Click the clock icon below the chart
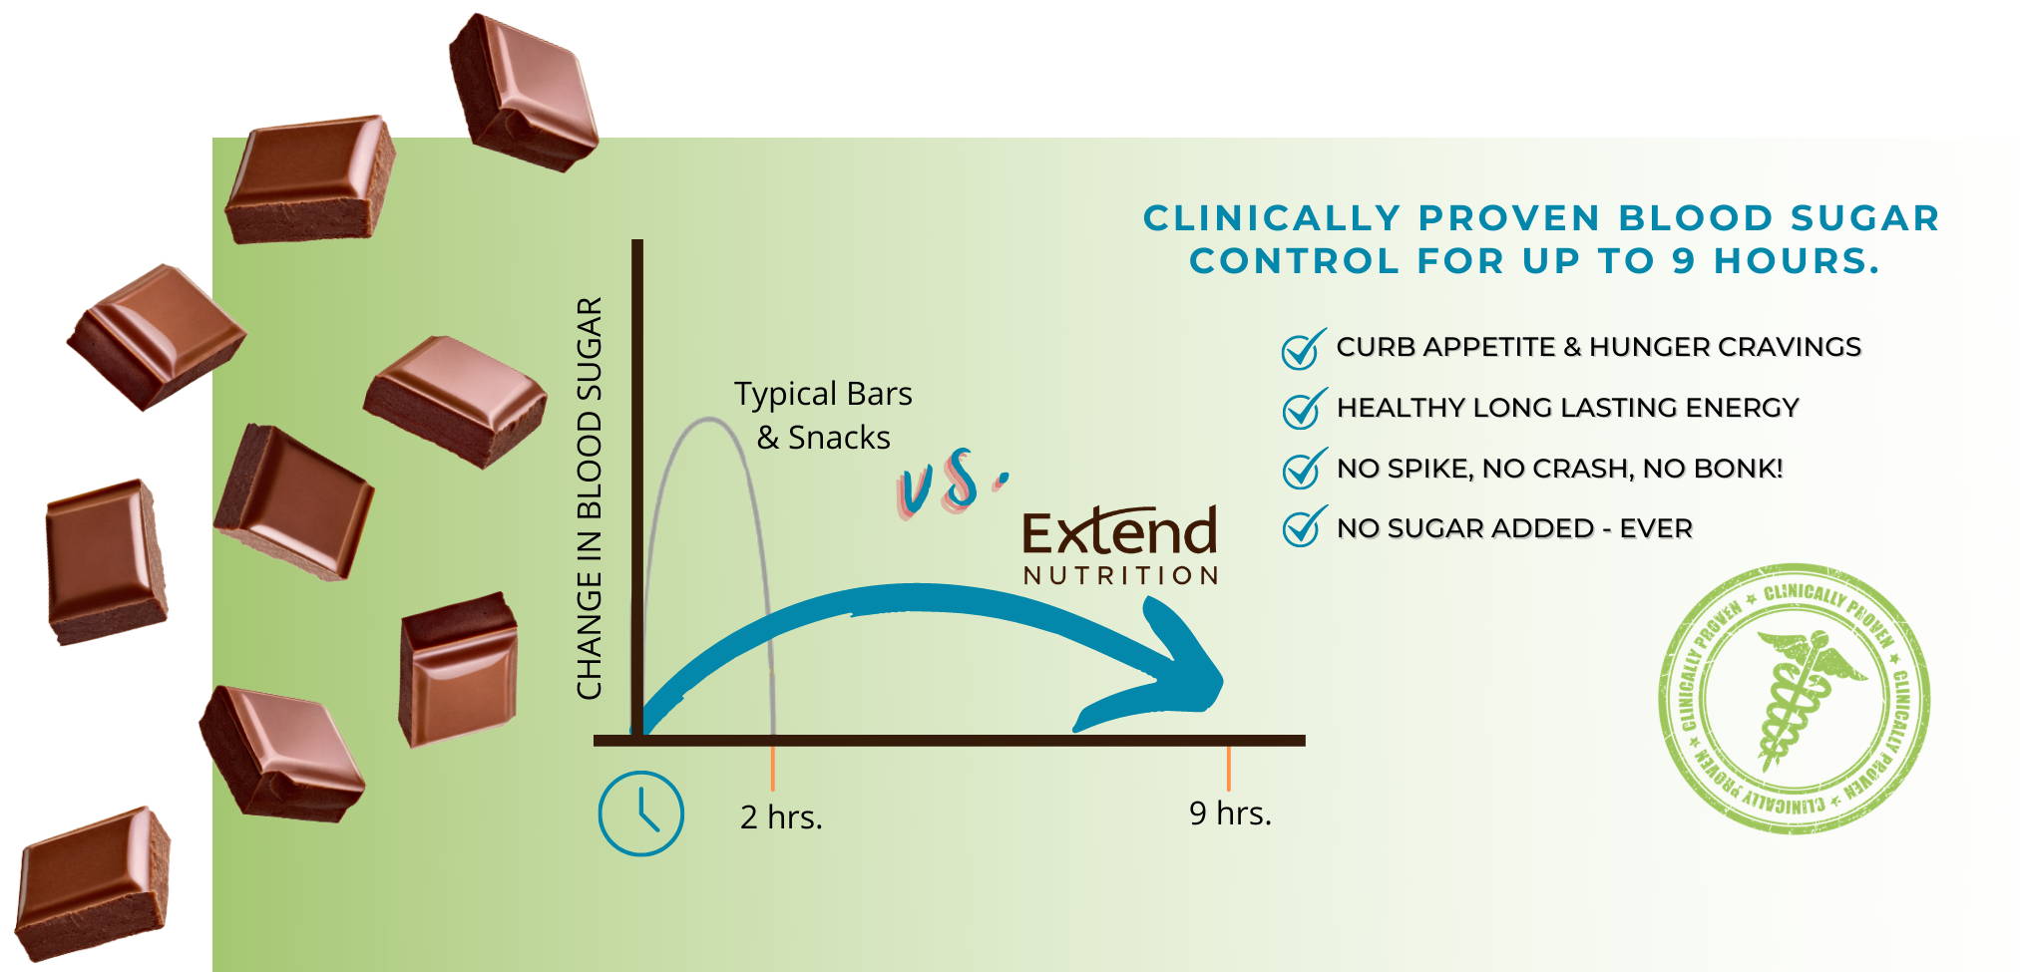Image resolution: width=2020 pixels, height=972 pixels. click(640, 812)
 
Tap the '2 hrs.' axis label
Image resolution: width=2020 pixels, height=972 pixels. click(781, 817)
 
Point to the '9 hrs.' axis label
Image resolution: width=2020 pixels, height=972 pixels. click(1230, 813)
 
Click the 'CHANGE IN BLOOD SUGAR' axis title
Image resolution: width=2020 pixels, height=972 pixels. click(590, 498)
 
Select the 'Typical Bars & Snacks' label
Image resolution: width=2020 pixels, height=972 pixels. click(824, 416)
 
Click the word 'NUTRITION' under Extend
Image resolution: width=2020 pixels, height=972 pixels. click(1120, 575)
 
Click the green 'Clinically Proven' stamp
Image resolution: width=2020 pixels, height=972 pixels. click(1794, 698)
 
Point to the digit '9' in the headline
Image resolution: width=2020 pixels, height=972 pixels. click(1683, 261)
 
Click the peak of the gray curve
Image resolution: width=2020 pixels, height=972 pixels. click(708, 419)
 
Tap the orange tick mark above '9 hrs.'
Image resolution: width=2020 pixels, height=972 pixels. click(1229, 769)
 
